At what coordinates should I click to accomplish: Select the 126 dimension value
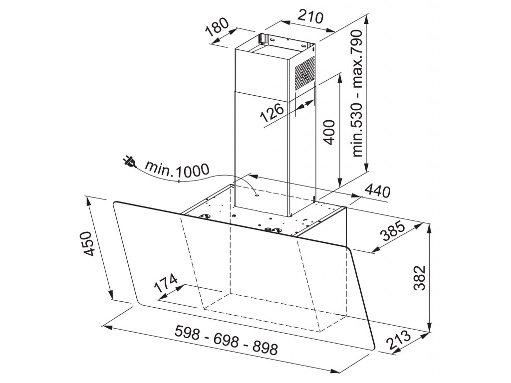coord(272,112)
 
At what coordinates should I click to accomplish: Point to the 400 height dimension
coord(330,132)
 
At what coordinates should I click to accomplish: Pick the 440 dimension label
coord(377,191)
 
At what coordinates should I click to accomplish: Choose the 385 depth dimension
coord(393,231)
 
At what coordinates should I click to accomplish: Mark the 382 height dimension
coord(420,278)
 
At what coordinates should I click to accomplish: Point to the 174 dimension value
coord(166,283)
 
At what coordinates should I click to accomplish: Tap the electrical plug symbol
coord(129,162)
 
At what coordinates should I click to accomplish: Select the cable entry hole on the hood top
coord(257,195)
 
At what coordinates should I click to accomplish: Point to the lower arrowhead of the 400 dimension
coord(340,182)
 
